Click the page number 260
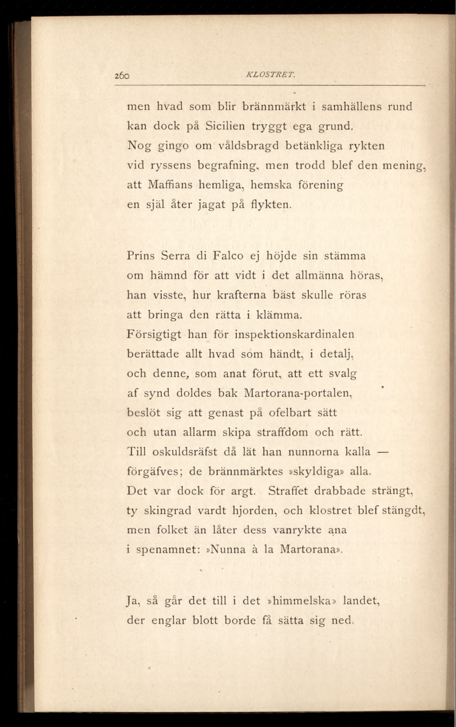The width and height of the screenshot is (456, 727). pos(122,76)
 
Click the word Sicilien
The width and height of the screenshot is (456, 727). pos(225,126)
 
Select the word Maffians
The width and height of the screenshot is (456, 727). pos(170,185)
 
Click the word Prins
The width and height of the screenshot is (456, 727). pos(141,256)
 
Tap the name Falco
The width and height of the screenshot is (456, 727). pos(228,256)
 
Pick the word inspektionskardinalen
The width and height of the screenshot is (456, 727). pos(294,334)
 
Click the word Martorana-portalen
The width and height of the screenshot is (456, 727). pos(298,393)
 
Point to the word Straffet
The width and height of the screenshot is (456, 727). pos(288,491)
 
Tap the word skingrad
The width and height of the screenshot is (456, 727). pos(168,511)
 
